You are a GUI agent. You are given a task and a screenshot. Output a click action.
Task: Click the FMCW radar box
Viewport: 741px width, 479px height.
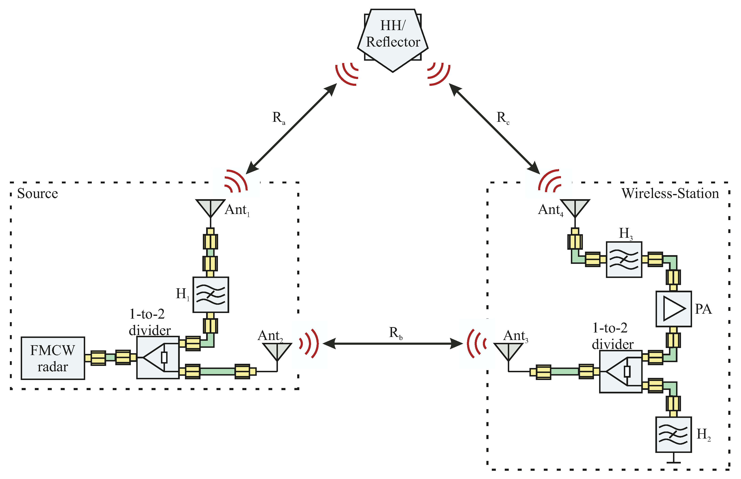53,358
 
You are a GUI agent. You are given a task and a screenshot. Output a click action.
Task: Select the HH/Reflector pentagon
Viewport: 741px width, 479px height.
393,37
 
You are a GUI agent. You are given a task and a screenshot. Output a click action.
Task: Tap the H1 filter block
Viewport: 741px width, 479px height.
211,295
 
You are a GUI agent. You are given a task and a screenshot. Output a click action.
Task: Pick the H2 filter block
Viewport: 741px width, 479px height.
673,434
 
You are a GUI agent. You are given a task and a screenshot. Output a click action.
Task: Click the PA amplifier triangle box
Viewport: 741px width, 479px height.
673,309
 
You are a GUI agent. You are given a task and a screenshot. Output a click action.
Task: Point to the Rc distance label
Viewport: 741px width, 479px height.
503,118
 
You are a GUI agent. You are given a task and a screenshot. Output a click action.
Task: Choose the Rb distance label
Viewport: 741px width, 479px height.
395,333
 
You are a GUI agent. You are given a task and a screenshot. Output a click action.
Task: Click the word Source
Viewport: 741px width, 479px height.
37,194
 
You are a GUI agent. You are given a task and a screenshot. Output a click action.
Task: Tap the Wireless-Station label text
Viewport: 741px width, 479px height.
670,194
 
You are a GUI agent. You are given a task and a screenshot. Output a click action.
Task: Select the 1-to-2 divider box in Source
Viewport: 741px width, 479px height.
158,358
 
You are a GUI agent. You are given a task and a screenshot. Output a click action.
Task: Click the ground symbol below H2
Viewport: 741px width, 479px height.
673,462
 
